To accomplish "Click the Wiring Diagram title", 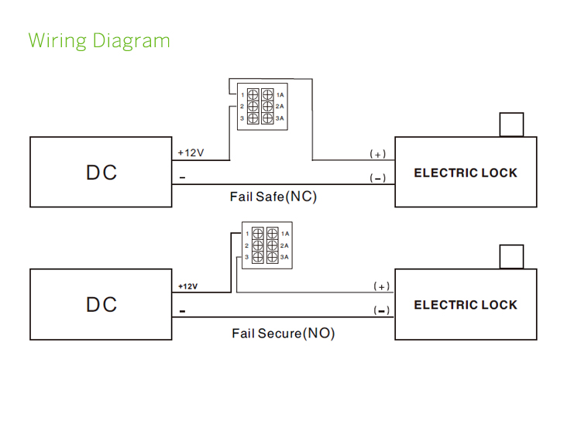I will (99, 40).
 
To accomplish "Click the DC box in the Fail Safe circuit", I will (101, 172).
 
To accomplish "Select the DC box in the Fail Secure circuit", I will (101, 304).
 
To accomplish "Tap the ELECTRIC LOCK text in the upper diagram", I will (465, 173).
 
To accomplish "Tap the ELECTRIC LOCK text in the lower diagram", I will (465, 305).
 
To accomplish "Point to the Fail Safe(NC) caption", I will (273, 197).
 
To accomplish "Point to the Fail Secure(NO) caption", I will (283, 334).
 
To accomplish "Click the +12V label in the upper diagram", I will (191, 152).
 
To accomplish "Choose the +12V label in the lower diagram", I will (187, 286).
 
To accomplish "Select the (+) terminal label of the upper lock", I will (377, 154).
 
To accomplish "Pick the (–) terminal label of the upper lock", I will (377, 178).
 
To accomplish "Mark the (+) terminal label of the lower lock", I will (380, 286).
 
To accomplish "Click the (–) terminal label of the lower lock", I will (380, 310).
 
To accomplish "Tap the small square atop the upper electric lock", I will (511, 125).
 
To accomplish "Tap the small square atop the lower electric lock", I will (511, 256).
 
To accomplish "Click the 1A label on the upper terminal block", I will (280, 94).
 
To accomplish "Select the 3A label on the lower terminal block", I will (284, 256).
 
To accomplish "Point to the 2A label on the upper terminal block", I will (280, 106).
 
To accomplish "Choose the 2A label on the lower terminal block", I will (284, 245).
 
